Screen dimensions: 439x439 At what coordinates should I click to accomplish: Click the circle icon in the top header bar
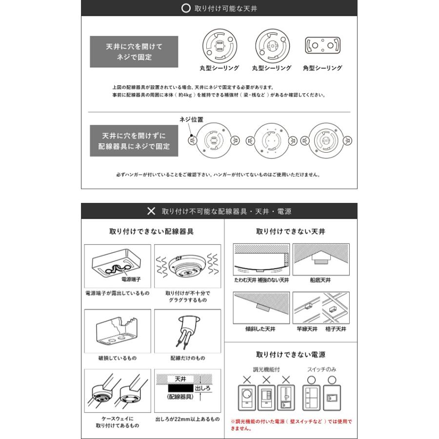click(x=186, y=9)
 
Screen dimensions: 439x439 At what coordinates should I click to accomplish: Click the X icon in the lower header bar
click(x=151, y=211)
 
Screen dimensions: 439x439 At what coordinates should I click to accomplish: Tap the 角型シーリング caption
click(x=322, y=68)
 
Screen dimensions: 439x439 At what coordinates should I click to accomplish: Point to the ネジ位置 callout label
click(x=192, y=120)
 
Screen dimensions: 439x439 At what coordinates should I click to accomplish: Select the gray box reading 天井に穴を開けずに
click(x=134, y=141)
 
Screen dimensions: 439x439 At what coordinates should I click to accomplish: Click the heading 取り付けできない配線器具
click(x=152, y=232)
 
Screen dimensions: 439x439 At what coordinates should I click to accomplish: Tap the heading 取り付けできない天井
click(x=290, y=232)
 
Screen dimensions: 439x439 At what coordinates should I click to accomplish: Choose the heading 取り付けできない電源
click(x=290, y=355)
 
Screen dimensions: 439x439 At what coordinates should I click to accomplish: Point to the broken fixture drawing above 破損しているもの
click(x=117, y=331)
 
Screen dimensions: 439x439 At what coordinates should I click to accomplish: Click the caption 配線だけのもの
click(x=187, y=358)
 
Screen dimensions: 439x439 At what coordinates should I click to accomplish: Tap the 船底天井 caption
click(x=320, y=280)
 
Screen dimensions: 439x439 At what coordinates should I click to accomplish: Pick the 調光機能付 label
click(x=266, y=370)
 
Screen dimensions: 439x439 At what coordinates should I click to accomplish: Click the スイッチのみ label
click(x=322, y=370)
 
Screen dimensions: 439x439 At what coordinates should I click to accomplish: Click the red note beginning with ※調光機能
click(x=290, y=425)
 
